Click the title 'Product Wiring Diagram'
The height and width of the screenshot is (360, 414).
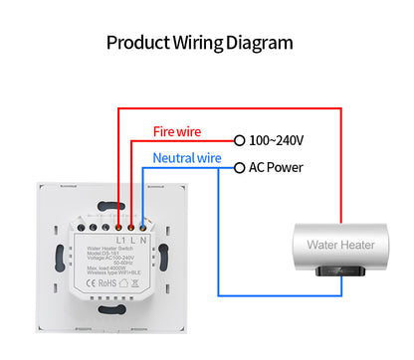click(x=199, y=43)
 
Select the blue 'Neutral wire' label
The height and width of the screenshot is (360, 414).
click(x=187, y=157)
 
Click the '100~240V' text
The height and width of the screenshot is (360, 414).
click(x=277, y=141)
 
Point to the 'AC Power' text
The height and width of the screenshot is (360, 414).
click(x=277, y=167)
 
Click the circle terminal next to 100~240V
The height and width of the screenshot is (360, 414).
click(x=239, y=141)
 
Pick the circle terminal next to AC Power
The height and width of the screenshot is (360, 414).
click(x=239, y=168)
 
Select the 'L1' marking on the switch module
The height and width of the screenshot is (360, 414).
click(x=121, y=241)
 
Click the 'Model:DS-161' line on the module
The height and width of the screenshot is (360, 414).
click(x=106, y=254)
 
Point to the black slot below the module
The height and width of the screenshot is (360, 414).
click(x=110, y=317)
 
